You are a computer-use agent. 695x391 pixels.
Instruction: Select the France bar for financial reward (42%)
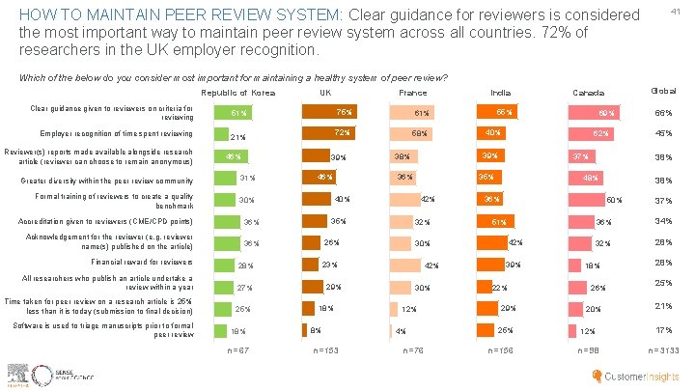pyautogui.click(x=417, y=265)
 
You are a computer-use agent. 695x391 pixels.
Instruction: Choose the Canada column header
pyautogui.click(x=589, y=93)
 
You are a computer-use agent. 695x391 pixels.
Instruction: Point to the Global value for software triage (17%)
pyautogui.click(x=662, y=330)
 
